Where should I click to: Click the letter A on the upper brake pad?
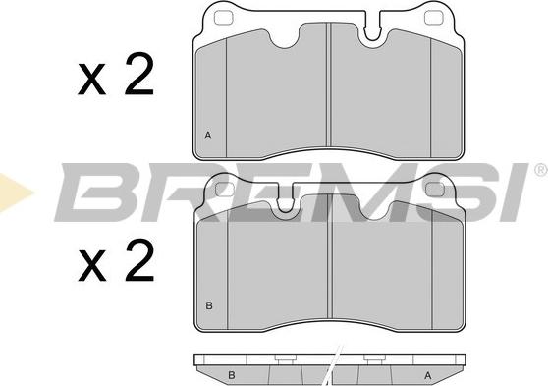click(x=208, y=136)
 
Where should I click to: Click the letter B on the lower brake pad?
click(x=209, y=305)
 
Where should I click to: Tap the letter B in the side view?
click(x=232, y=375)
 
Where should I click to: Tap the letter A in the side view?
click(x=428, y=375)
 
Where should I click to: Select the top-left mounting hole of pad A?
click(x=223, y=18)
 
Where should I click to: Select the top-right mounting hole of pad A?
click(x=434, y=18)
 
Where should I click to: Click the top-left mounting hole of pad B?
click(x=225, y=190)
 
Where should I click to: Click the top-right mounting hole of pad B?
click(x=435, y=190)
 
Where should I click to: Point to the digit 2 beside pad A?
click(x=139, y=74)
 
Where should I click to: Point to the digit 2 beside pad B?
click(x=139, y=260)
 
